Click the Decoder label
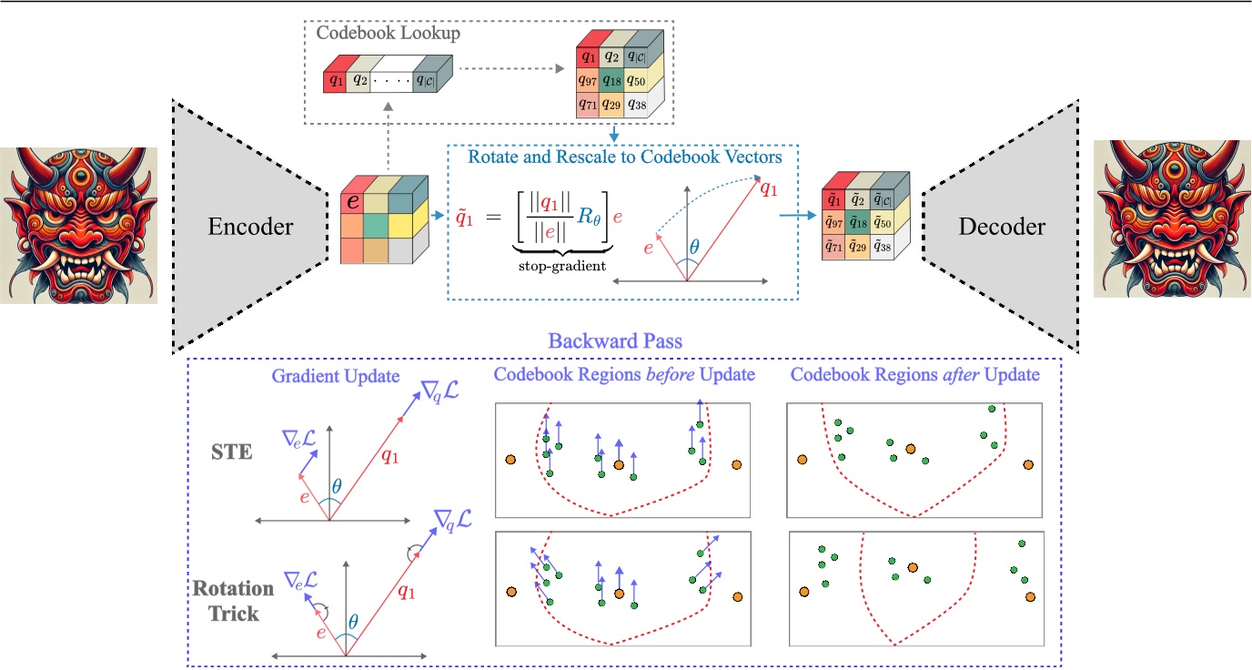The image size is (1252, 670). pos(1000,225)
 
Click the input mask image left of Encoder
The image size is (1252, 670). pos(79,226)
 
